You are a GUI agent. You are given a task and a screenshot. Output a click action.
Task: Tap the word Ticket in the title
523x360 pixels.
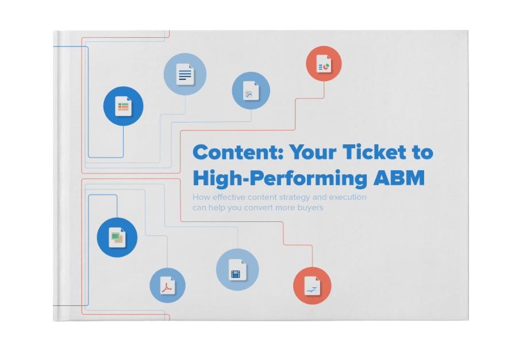pyautogui.click(x=374, y=152)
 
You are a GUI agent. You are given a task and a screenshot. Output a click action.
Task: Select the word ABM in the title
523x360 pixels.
pyautogui.click(x=399, y=178)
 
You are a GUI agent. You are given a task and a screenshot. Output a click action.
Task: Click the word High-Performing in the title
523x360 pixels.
pyautogui.click(x=280, y=179)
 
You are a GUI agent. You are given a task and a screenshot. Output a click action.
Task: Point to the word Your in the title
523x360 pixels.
pyautogui.click(x=313, y=152)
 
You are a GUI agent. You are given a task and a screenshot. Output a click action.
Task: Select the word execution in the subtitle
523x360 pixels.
pyautogui.click(x=348, y=197)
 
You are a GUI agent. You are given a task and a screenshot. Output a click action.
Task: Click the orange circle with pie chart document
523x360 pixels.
pyautogui.click(x=324, y=63)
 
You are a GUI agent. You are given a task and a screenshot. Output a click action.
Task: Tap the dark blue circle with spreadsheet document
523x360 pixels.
pyautogui.click(x=123, y=106)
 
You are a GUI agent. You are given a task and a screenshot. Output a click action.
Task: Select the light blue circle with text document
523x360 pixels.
pyautogui.click(x=185, y=74)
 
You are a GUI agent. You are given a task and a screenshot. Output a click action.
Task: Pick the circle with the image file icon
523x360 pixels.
pyautogui.click(x=251, y=90)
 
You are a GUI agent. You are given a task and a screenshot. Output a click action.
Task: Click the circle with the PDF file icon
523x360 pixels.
pyautogui.click(x=167, y=285)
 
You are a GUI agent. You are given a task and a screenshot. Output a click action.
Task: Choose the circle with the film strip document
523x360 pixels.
pyautogui.click(x=237, y=270)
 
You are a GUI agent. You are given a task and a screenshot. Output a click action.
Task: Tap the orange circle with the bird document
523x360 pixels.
pyautogui.click(x=312, y=286)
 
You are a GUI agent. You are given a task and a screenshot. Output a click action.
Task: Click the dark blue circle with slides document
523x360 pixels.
pyautogui.click(x=117, y=237)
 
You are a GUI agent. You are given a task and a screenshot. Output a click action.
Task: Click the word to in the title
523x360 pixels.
pyautogui.click(x=422, y=152)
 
